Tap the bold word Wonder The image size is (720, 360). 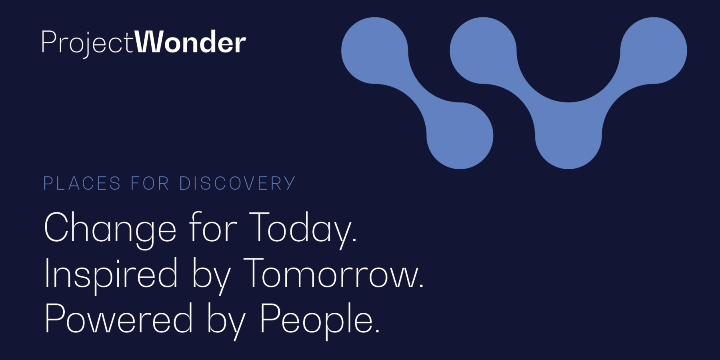(x=190, y=42)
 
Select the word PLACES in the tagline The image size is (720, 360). (x=82, y=184)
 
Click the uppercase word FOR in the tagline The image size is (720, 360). (x=150, y=184)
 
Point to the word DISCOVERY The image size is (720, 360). (x=237, y=184)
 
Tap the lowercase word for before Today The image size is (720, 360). (x=213, y=227)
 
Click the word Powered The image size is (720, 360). (x=119, y=318)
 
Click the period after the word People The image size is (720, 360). (x=377, y=331)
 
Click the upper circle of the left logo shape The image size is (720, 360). (x=375, y=50)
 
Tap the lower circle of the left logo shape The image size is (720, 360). (x=460, y=136)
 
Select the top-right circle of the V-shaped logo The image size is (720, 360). (x=654, y=50)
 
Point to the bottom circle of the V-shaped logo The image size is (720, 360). (x=568, y=136)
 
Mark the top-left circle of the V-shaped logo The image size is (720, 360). (x=483, y=50)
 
